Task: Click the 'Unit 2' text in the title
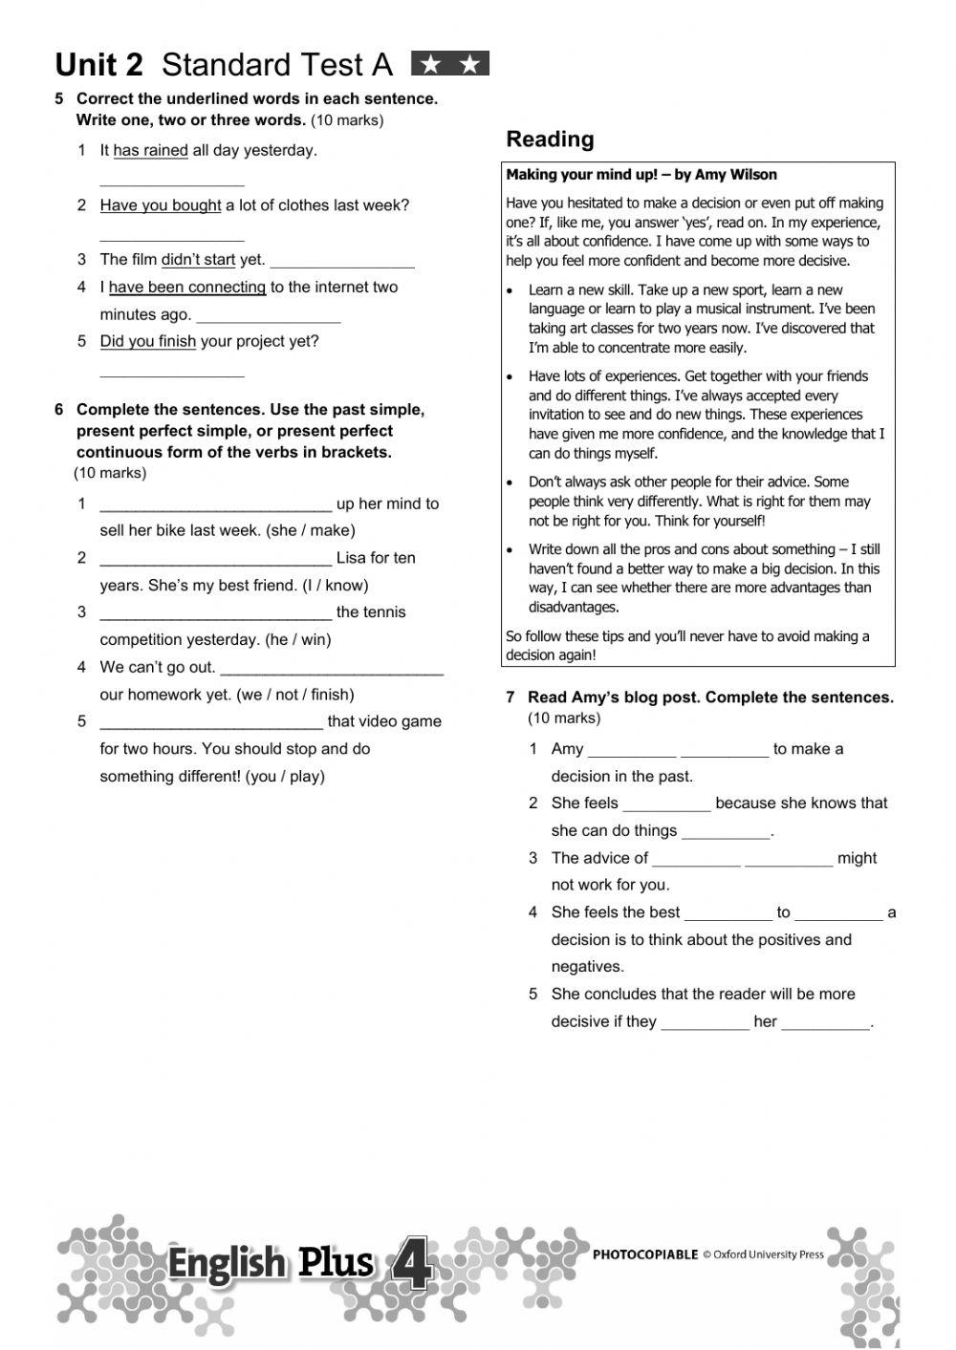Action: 98,65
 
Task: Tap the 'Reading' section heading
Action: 550,139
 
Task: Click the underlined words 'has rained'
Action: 150,150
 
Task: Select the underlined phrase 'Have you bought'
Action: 160,205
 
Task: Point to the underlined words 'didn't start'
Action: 198,260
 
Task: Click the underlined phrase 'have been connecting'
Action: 186,288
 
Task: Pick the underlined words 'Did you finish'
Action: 147,342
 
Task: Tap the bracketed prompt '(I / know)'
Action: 335,586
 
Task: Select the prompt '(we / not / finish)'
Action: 294,695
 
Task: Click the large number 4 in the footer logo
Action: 412,1267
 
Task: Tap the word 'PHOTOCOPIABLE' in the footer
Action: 645,1254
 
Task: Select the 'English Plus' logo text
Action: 271,1263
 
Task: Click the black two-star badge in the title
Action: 449,64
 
